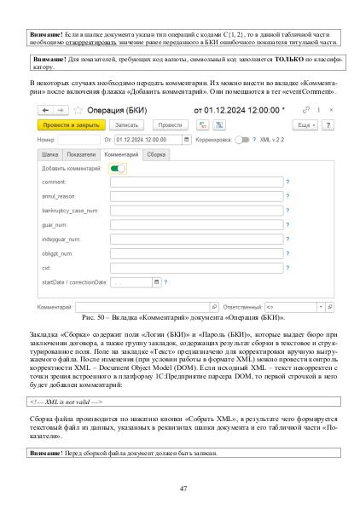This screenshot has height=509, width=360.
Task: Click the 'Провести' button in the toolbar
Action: [x=171, y=124]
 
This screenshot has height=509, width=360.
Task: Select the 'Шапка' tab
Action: [x=50, y=154]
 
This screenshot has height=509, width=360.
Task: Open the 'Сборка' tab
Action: [x=156, y=154]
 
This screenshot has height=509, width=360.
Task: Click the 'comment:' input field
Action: [x=196, y=182]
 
